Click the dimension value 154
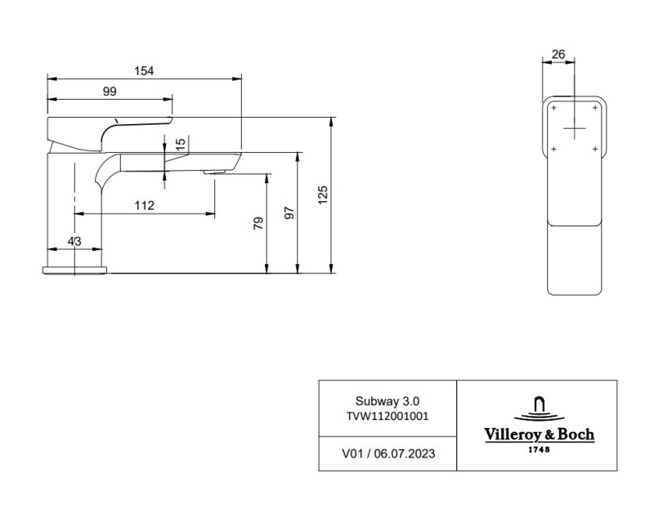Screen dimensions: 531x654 [x=144, y=71]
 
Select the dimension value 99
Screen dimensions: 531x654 [x=110, y=91]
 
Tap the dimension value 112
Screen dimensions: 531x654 [x=144, y=205]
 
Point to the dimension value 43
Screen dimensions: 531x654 [x=74, y=241]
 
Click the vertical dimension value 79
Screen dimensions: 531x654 [x=258, y=224]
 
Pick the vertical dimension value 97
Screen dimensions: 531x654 [x=288, y=212]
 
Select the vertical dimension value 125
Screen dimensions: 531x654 [x=322, y=194]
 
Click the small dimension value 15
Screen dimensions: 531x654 [x=181, y=144]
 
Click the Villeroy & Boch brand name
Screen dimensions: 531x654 [x=536, y=435]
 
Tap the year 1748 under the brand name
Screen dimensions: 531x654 [x=536, y=449]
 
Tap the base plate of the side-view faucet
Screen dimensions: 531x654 [x=74, y=269]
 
